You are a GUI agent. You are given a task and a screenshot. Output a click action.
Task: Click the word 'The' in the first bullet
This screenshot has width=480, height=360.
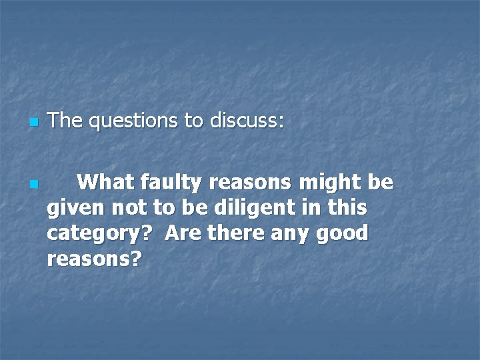click(x=65, y=121)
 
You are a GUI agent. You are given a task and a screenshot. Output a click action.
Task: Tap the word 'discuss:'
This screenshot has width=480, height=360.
click(x=247, y=121)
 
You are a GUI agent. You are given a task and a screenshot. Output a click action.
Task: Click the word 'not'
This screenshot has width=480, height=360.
click(x=123, y=207)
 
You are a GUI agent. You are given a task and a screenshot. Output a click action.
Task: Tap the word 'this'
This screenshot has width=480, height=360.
click(x=347, y=207)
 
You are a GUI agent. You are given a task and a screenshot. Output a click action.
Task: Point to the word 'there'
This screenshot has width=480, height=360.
click(x=229, y=233)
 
